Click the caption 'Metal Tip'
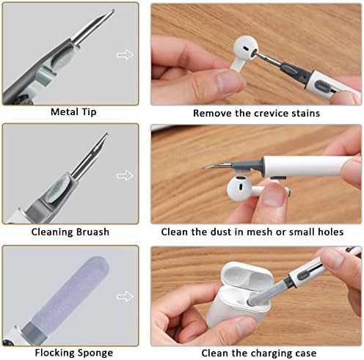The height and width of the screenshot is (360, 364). coord(73,112)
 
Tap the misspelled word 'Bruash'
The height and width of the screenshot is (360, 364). coord(92,232)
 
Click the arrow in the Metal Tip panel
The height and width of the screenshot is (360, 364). coord(125,54)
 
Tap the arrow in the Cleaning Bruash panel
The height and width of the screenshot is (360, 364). coord(125,175)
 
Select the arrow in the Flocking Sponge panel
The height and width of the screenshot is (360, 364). coord(125,296)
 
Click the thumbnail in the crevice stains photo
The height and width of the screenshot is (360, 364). coord(230,80)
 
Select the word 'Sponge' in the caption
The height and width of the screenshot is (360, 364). coord(95,353)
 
